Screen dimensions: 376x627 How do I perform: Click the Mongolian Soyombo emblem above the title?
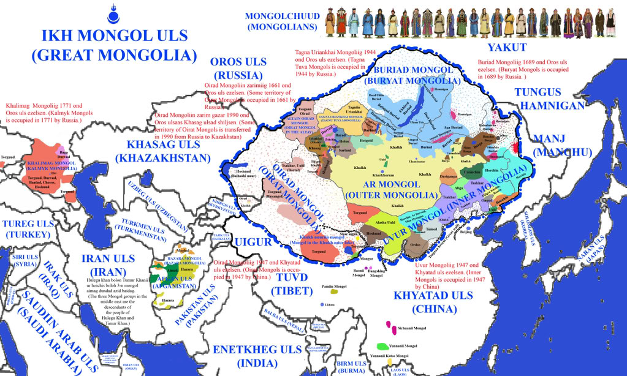pyautogui.click(x=113, y=13)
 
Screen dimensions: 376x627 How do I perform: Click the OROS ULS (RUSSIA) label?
pyautogui.click(x=238, y=69)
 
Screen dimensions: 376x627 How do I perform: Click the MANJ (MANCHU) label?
pyautogui.click(x=563, y=145)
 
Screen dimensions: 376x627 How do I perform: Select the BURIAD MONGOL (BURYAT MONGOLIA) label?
pyautogui.click(x=408, y=75)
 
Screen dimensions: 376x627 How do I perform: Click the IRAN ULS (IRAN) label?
pyautogui.click(x=108, y=265)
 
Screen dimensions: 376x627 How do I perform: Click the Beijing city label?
pyautogui.click(x=466, y=233)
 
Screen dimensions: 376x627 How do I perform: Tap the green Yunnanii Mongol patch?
pyautogui.click(x=384, y=347)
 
